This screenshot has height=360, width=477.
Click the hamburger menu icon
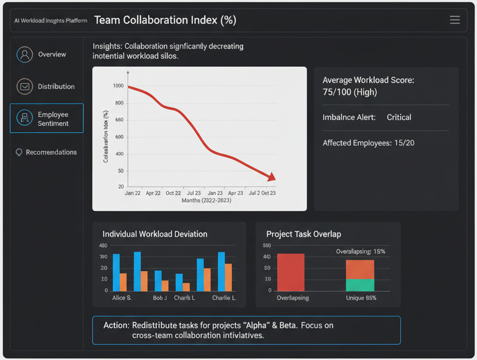[x=455, y=20]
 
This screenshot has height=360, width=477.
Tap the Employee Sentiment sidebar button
[x=46, y=119]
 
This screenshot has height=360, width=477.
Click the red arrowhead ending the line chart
[x=271, y=177]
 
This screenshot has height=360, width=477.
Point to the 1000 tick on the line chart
[x=118, y=86]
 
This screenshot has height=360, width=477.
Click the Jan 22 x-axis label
[x=132, y=193]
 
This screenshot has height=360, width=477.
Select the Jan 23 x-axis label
[x=215, y=193]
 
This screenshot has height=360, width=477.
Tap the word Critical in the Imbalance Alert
[x=399, y=117]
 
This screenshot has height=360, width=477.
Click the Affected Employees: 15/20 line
[x=368, y=143]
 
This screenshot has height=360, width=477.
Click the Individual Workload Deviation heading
[x=155, y=234]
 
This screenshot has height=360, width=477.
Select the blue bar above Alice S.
[x=116, y=273]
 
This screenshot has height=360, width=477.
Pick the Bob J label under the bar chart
[x=160, y=298]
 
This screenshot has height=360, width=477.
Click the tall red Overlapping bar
[x=291, y=272]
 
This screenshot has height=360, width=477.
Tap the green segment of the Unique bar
[x=360, y=285]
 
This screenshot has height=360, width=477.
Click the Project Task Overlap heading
[x=304, y=234]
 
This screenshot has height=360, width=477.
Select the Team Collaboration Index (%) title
[x=165, y=20]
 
